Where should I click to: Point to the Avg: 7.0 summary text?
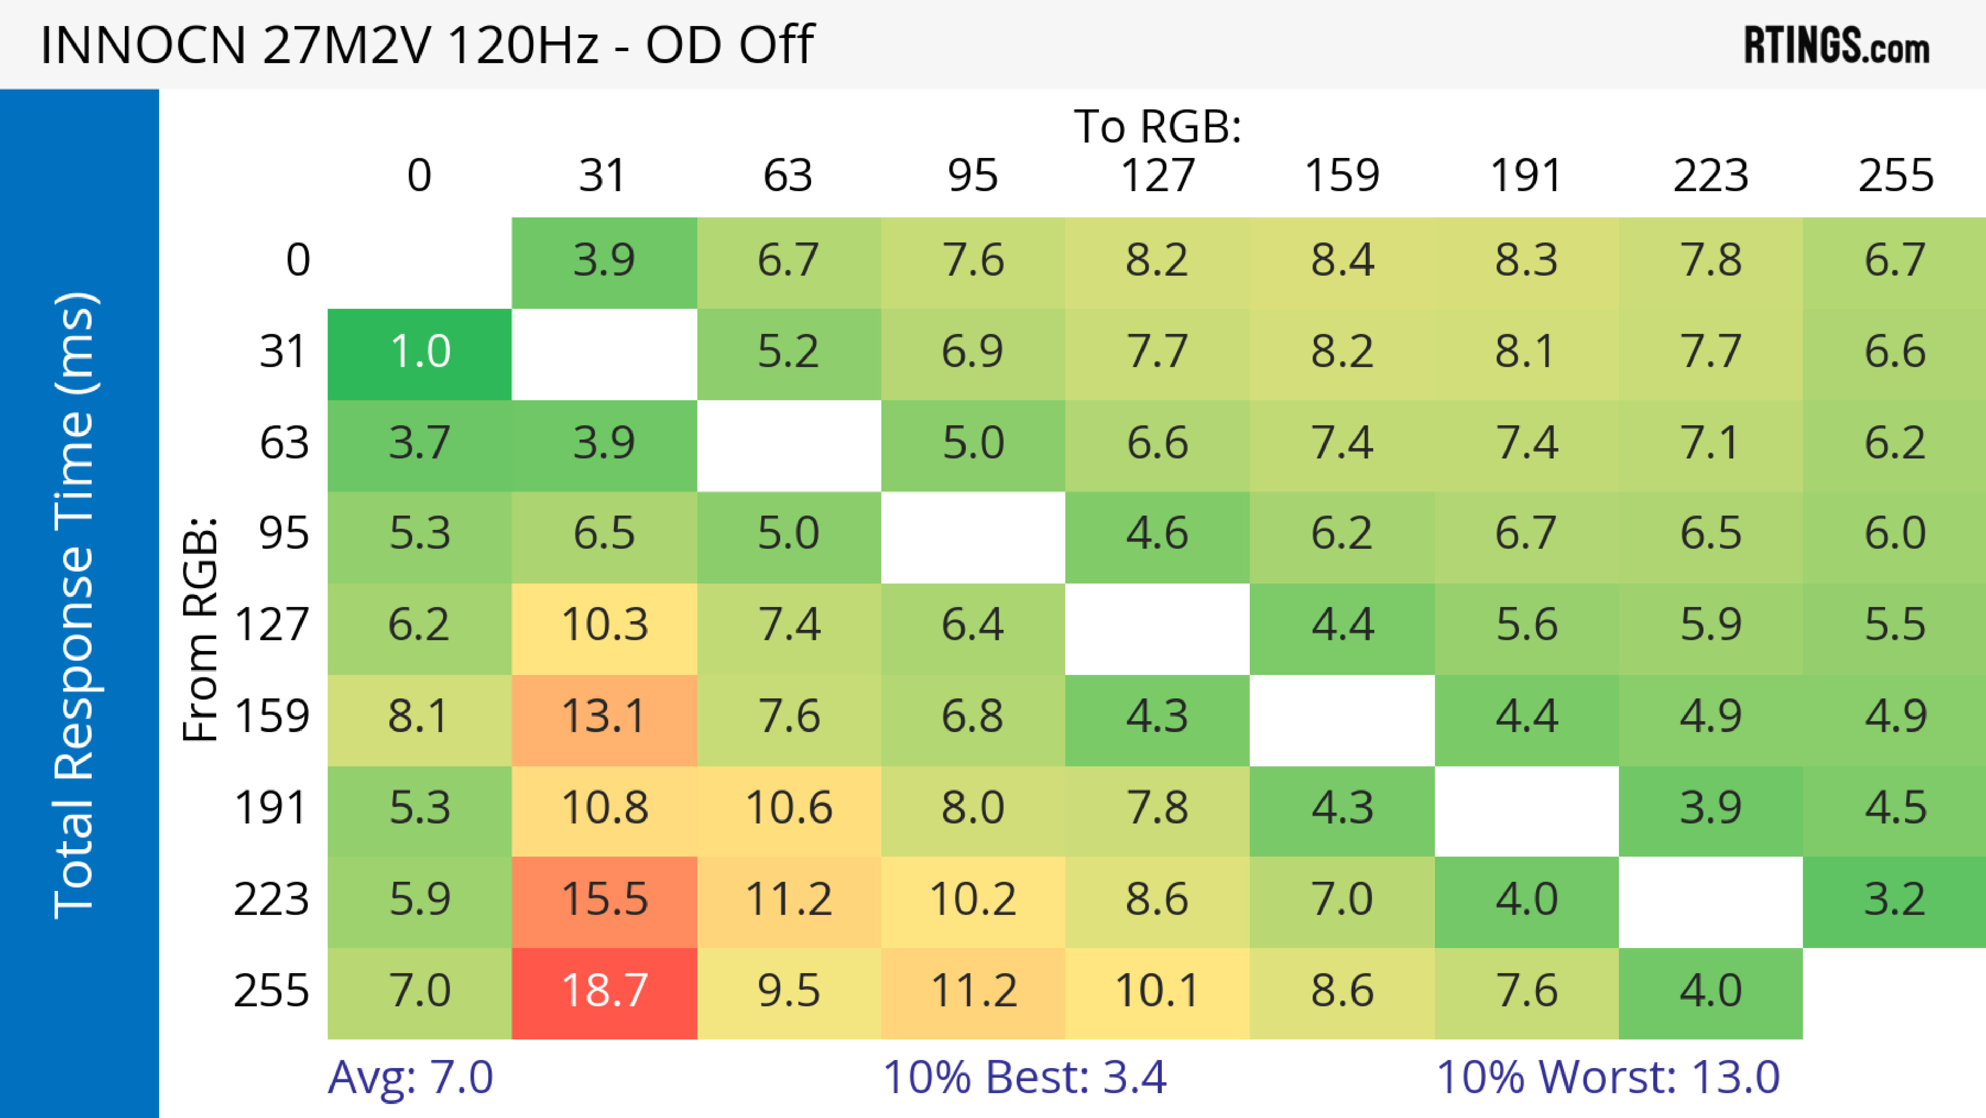pyautogui.click(x=410, y=1077)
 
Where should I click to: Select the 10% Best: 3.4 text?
pyautogui.click(x=1025, y=1077)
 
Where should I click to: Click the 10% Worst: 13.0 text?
pyautogui.click(x=1608, y=1077)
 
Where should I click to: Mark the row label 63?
pyautogui.click(x=284, y=444)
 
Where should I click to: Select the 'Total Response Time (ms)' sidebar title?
pyautogui.click(x=76, y=605)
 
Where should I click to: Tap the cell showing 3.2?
pyautogui.click(x=1895, y=901)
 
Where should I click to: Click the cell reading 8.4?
pyautogui.click(x=1342, y=261)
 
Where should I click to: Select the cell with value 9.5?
pyautogui.click(x=788, y=992)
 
